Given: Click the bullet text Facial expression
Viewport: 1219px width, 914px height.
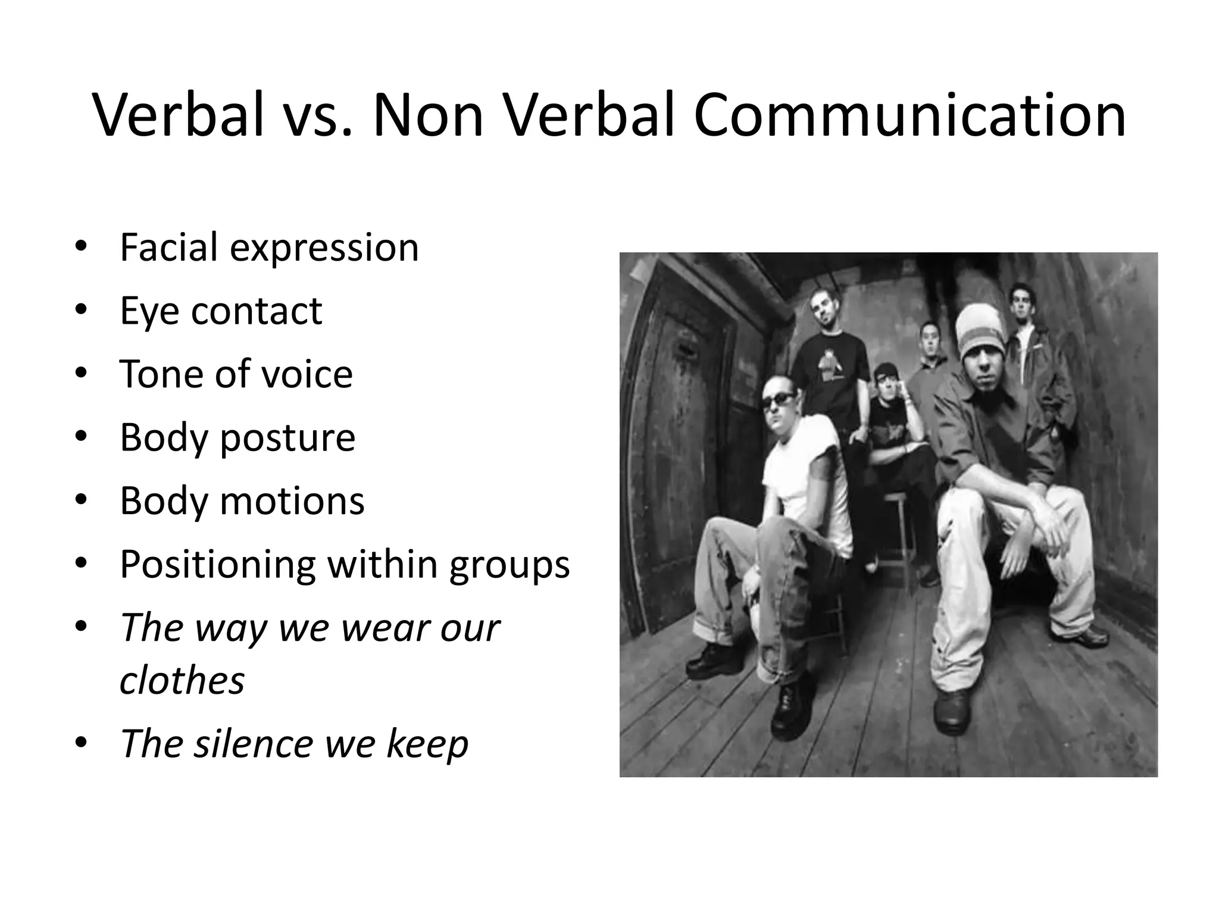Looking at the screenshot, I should (x=269, y=247).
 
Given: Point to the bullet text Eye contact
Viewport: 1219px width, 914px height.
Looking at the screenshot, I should (x=221, y=311).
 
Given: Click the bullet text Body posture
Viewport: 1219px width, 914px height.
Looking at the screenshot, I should (x=237, y=438).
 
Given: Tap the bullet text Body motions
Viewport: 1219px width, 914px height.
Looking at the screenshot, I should (x=242, y=501).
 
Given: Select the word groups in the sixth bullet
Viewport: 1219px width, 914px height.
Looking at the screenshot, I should (x=510, y=565).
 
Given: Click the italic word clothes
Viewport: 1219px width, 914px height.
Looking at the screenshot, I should (x=182, y=680).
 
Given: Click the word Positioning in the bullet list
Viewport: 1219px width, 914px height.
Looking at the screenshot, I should (x=218, y=565).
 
